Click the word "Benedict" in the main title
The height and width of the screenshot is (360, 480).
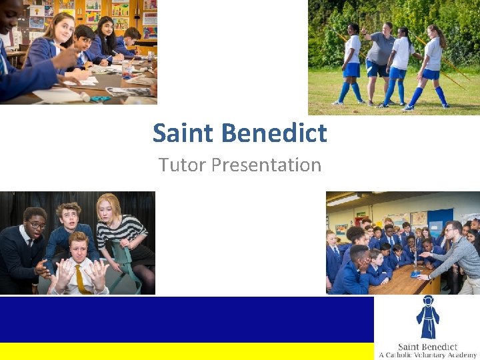pyautogui.click(x=275, y=133)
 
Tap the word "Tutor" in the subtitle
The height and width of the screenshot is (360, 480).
pyautogui.click(x=182, y=165)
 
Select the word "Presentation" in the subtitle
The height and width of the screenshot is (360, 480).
pyautogui.click(x=267, y=165)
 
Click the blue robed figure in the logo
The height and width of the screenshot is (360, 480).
pyautogui.click(x=427, y=318)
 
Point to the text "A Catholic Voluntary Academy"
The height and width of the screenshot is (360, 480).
pyautogui.click(x=427, y=355)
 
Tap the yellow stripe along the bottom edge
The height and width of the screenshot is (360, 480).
pyautogui.click(x=187, y=351)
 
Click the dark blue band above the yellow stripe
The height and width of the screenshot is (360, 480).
pyautogui.click(x=187, y=319)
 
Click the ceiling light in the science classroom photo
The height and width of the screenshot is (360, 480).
pyautogui.click(x=344, y=200)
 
